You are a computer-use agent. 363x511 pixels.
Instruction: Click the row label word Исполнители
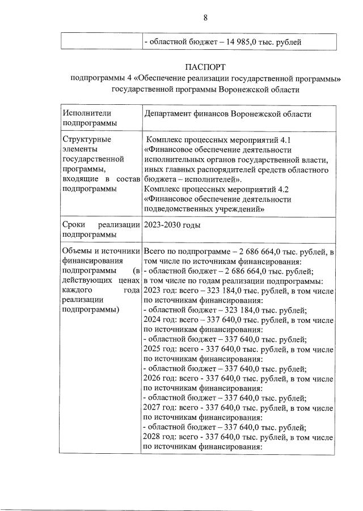pyautogui.click(x=83, y=114)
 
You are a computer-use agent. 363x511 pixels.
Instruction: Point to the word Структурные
pyautogui.click(x=87, y=139)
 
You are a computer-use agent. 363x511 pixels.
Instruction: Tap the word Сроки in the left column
pyautogui.click(x=74, y=225)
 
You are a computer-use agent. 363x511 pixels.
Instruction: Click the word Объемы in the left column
pyautogui.click(x=77, y=251)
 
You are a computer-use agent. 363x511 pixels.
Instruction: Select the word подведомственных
pyautogui.click(x=180, y=209)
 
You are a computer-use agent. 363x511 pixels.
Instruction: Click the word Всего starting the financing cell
pyautogui.click(x=155, y=251)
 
